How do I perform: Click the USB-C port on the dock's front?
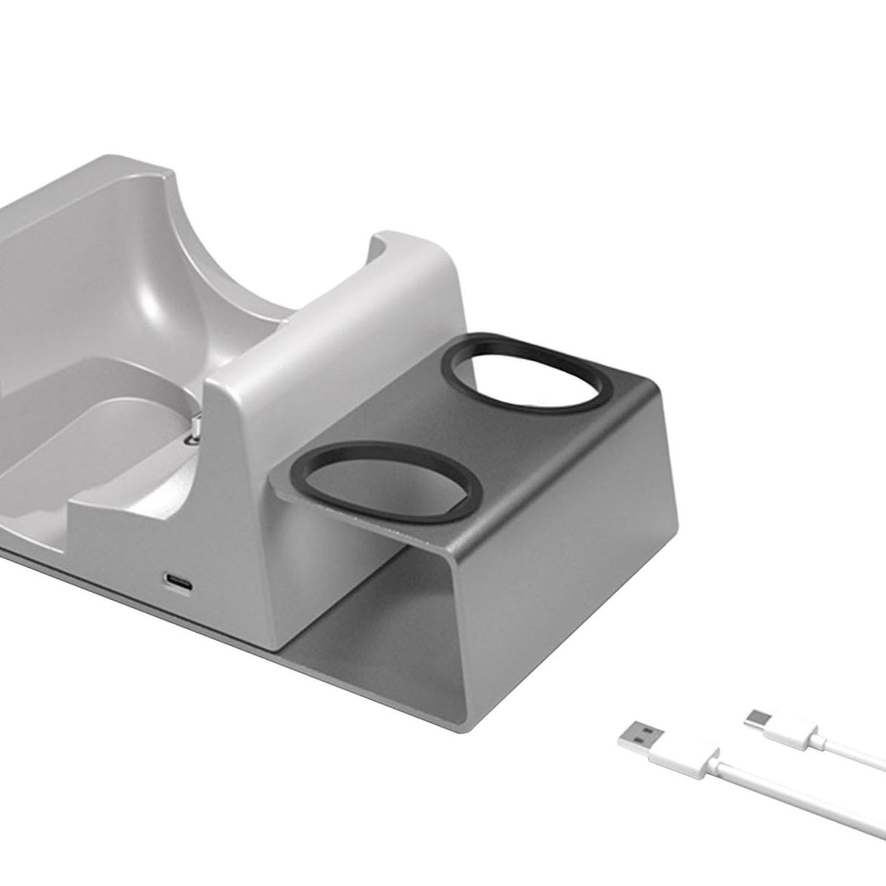(x=178, y=578)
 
